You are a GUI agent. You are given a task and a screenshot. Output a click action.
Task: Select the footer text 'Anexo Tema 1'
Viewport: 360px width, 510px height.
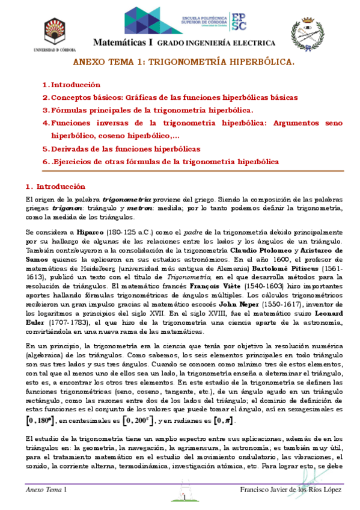point(46,491)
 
